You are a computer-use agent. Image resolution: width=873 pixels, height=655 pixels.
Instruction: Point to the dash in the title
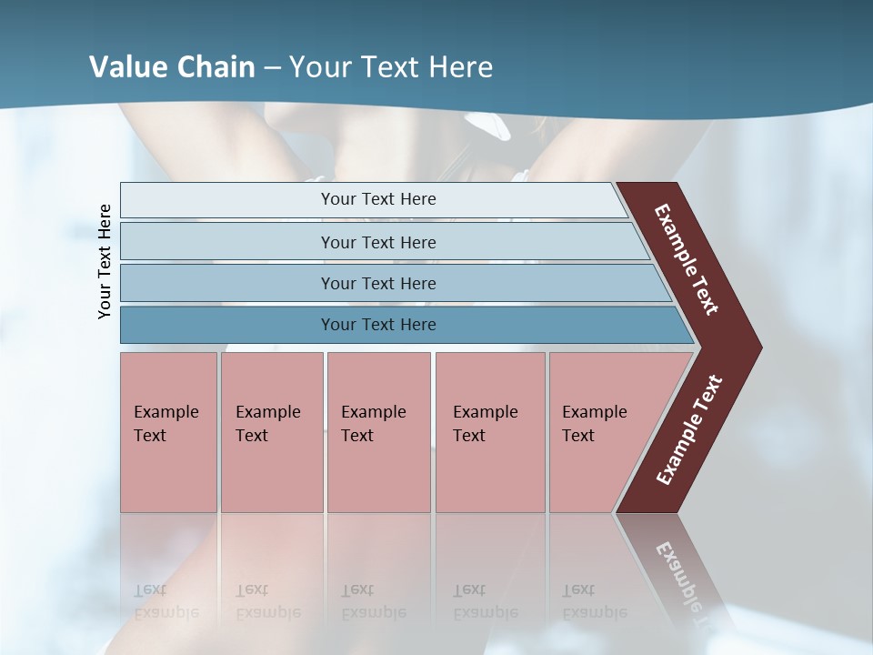[x=272, y=68]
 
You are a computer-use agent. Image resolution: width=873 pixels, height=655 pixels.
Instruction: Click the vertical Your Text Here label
[x=105, y=261]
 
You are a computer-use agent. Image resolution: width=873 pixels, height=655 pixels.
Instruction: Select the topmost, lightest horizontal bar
[x=373, y=199]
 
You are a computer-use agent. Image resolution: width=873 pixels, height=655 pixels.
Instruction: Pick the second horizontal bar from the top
[x=378, y=242]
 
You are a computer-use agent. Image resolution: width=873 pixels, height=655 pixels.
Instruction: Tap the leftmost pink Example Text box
[x=168, y=431]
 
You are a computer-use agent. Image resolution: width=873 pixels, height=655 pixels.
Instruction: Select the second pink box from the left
[x=271, y=431]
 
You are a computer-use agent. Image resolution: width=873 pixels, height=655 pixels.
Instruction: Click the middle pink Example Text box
[x=378, y=431]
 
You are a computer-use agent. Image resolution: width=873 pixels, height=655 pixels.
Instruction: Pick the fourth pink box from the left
[x=489, y=431]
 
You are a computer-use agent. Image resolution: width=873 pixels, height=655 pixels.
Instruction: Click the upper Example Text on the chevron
[x=687, y=259]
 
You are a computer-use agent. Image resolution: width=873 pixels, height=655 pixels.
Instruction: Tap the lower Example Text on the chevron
[x=688, y=430]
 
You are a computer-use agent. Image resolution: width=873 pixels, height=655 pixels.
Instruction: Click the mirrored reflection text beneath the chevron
[x=685, y=582]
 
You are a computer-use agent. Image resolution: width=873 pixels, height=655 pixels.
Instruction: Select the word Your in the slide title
[x=317, y=67]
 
